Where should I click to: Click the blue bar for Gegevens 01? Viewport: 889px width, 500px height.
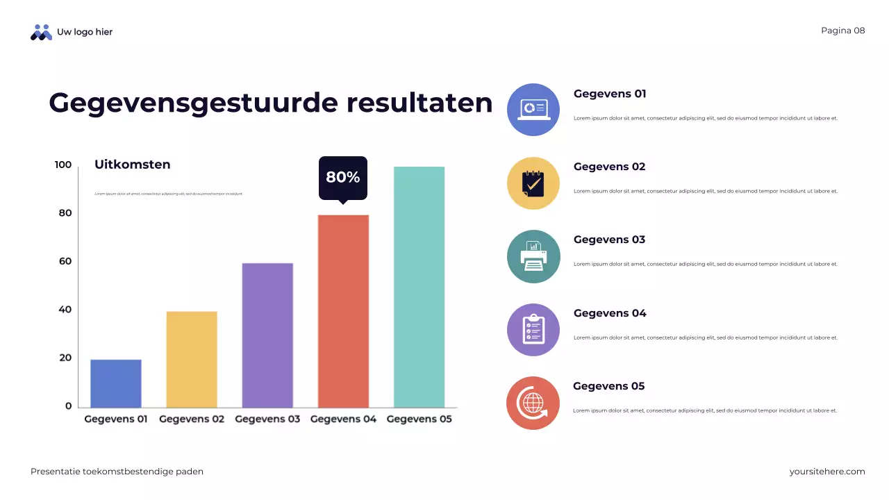(116, 383)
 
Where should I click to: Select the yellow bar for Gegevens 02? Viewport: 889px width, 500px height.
(192, 359)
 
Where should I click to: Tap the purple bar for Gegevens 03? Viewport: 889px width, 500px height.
(267, 335)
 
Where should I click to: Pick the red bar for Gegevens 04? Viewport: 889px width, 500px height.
(343, 311)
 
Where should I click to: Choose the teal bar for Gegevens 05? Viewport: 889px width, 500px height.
(419, 287)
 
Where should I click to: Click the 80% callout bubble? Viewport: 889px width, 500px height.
(343, 178)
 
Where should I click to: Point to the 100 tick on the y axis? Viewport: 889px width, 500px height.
(63, 165)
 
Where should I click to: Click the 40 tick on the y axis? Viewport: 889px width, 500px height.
(65, 310)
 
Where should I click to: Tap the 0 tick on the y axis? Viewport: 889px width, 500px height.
(68, 406)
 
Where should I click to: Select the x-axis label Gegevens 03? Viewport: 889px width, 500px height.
(267, 419)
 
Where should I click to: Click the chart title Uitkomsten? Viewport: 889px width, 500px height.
(132, 165)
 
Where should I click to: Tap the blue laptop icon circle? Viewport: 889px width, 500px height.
(533, 110)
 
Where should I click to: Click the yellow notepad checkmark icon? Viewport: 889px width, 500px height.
(533, 183)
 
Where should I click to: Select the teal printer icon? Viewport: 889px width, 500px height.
(533, 256)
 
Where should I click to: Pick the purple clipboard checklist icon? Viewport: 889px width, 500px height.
(533, 330)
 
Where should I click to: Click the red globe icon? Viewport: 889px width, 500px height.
(533, 403)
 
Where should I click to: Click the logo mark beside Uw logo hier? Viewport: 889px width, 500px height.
(41, 32)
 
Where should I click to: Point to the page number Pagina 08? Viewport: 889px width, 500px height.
(842, 31)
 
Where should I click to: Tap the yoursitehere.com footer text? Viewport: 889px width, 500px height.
(826, 472)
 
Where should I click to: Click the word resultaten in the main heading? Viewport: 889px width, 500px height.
(419, 103)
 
